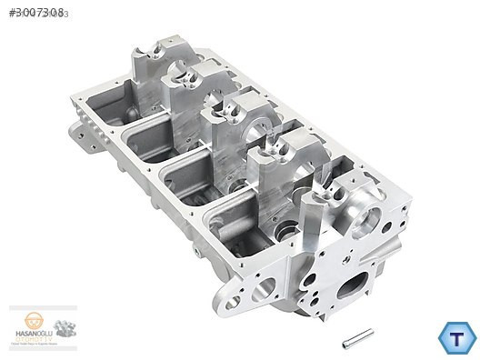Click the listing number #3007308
[x=35, y=12]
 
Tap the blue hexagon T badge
[x=456, y=337]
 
